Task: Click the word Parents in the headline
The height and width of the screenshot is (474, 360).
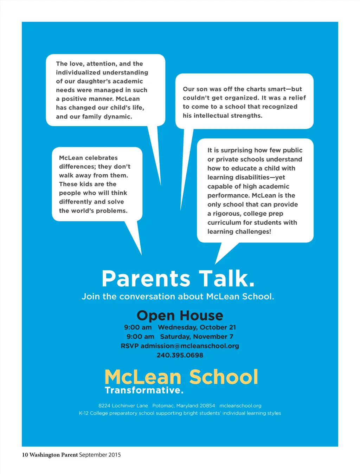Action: click(146, 279)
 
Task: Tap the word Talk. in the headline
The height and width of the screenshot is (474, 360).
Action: click(226, 279)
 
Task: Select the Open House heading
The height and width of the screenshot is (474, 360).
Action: click(180, 316)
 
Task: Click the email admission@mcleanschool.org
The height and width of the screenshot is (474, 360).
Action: click(190, 346)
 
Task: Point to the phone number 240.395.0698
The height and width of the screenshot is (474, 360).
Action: click(180, 355)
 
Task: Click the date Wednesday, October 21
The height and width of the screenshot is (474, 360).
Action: click(197, 327)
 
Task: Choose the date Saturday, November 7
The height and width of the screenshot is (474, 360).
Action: click(197, 337)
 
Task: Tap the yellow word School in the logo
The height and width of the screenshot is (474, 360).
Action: click(224, 377)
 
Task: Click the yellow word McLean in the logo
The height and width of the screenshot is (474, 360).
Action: click(143, 377)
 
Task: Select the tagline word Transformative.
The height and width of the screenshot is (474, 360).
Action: click(144, 390)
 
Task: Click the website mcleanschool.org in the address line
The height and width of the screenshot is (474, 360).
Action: click(240, 405)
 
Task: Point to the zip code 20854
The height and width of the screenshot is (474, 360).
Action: click(207, 405)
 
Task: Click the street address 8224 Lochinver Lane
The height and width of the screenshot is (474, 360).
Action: click(123, 405)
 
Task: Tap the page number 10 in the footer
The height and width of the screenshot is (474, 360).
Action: click(25, 455)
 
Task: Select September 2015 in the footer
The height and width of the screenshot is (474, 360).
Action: click(100, 455)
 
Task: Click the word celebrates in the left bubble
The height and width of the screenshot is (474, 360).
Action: click(100, 158)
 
